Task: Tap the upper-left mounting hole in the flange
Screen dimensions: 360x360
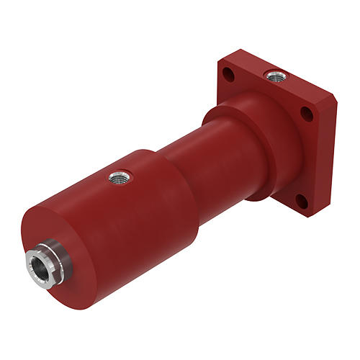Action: pyautogui.click(x=228, y=73)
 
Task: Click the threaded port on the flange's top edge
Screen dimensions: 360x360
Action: pyautogui.click(x=274, y=73)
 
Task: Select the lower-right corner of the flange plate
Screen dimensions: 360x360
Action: pyautogui.click(x=311, y=213)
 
